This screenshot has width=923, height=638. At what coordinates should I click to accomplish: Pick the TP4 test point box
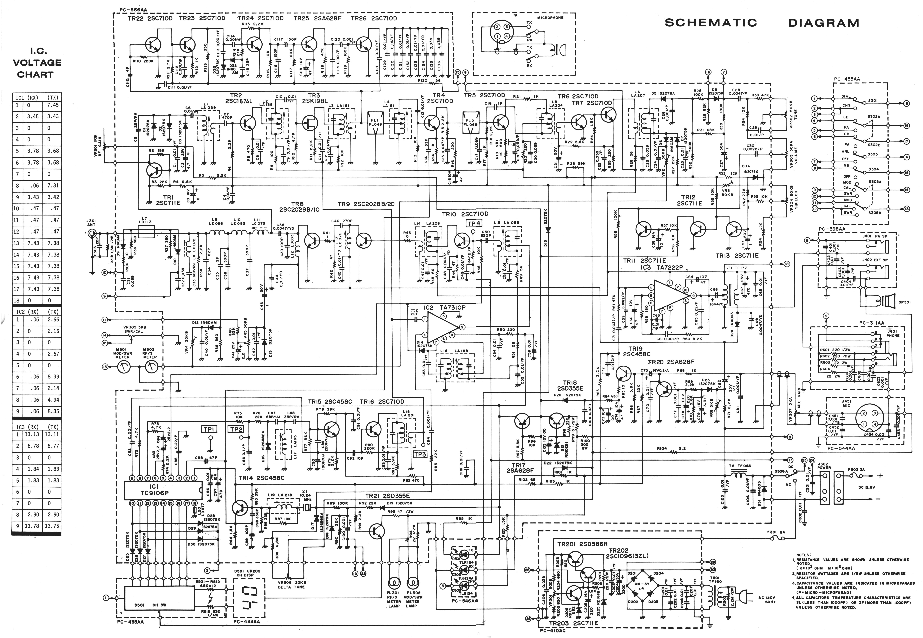(474, 223)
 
